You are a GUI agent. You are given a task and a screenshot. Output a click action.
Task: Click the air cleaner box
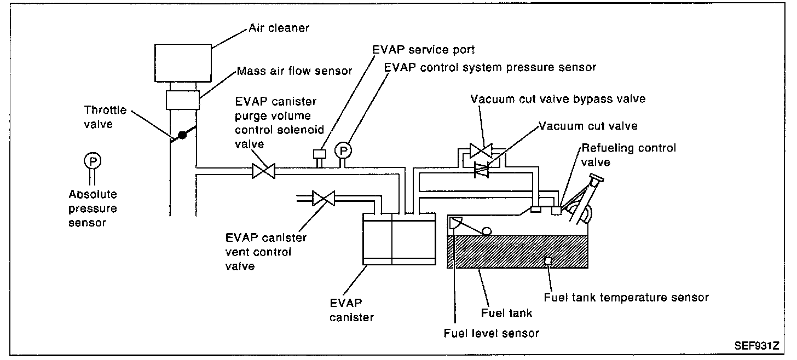click(x=183, y=63)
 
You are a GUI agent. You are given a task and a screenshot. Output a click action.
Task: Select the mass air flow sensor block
click(x=182, y=100)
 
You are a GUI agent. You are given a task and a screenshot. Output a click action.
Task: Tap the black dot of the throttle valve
click(x=182, y=135)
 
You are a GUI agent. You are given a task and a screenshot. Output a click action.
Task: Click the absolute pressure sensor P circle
click(x=93, y=161)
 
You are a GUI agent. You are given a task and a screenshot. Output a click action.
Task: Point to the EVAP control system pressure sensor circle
click(x=343, y=151)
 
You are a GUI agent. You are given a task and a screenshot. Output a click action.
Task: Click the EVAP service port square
click(x=320, y=154)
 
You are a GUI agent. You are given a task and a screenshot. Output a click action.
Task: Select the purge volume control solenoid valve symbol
click(x=263, y=171)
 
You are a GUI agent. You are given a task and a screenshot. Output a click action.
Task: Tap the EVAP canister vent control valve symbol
click(x=324, y=199)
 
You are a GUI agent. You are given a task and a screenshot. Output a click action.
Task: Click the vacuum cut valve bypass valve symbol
click(x=481, y=151)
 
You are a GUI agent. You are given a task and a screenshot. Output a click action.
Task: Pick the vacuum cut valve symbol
click(x=481, y=170)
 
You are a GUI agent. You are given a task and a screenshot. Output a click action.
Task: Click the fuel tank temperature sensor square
click(x=548, y=261)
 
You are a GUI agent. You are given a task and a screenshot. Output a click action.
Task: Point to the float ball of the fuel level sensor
click(x=487, y=231)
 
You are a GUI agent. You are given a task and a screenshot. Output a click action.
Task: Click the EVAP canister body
click(x=399, y=239)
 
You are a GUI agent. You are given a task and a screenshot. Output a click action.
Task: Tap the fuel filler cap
click(x=597, y=177)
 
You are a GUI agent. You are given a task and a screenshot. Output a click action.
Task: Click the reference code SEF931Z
click(x=757, y=345)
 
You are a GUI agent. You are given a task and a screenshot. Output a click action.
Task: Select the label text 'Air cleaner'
click(x=279, y=28)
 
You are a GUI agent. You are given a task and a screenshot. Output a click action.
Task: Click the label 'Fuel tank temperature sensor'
click(x=626, y=298)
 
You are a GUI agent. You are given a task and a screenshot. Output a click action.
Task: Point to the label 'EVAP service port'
click(x=423, y=49)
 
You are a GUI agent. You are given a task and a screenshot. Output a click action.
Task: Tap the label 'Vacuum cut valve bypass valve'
click(x=558, y=99)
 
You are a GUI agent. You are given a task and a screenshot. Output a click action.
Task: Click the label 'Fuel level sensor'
click(x=492, y=333)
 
